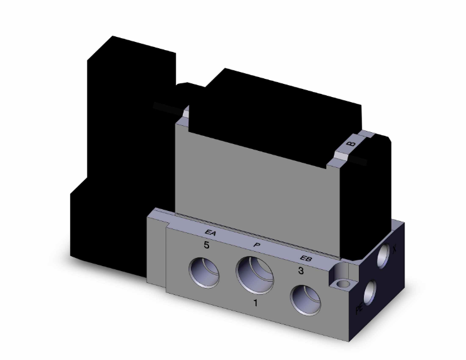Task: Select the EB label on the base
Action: [x=306, y=258]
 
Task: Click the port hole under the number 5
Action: [x=205, y=274]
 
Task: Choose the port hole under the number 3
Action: [x=304, y=299]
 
